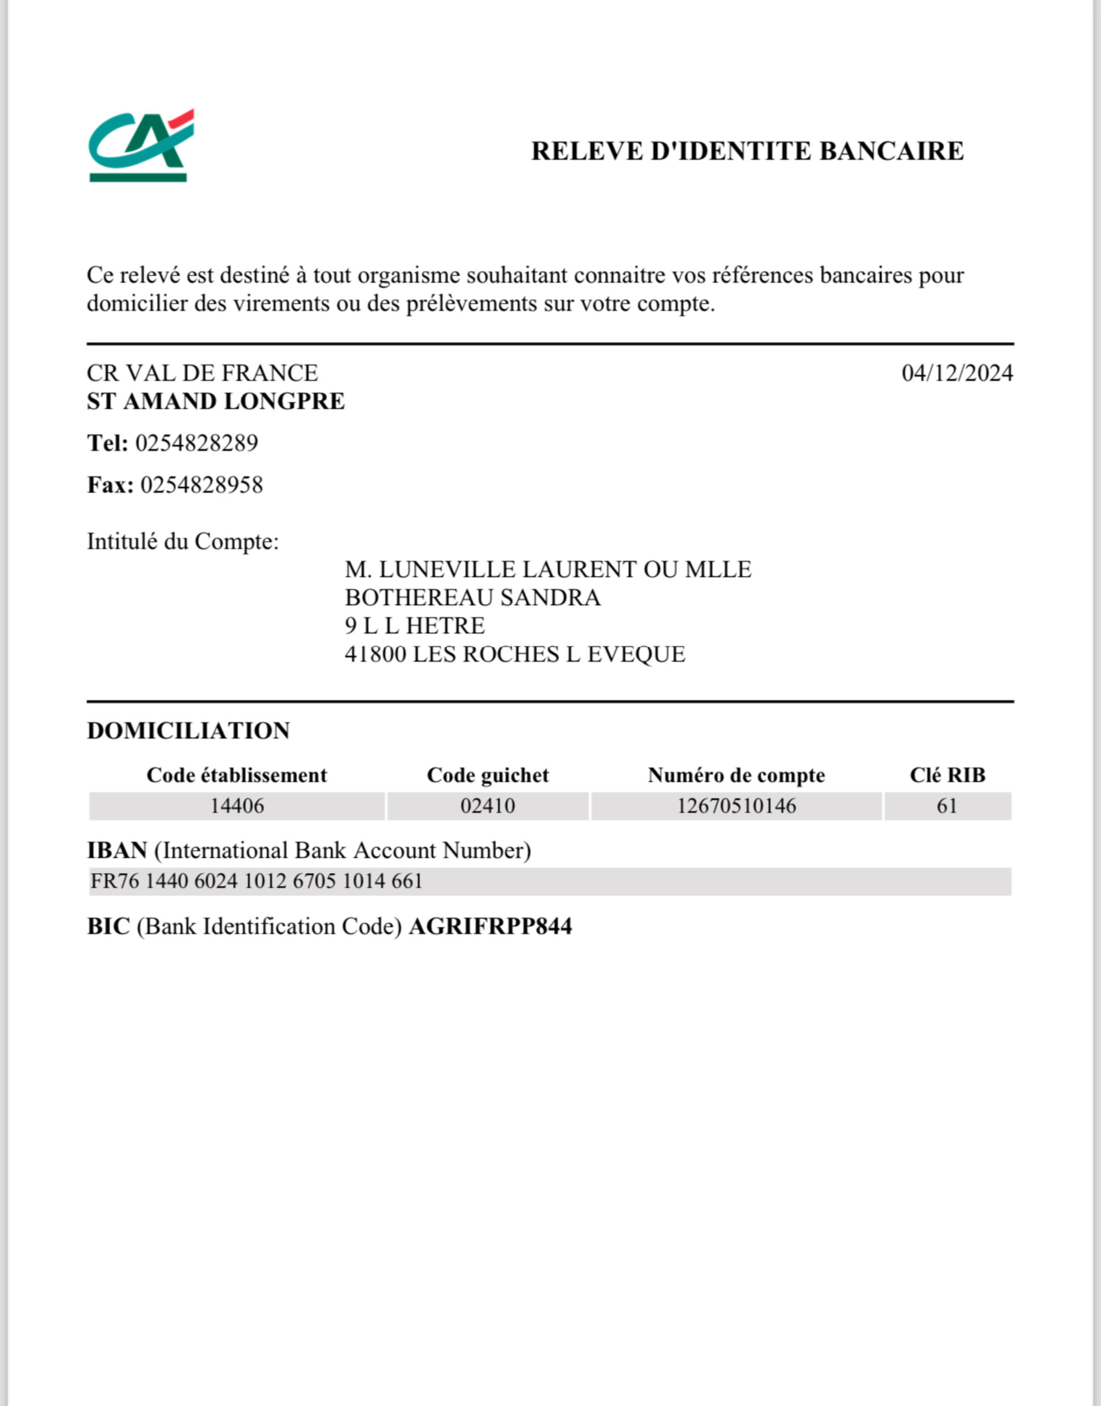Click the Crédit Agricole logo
tap(140, 146)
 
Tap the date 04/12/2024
tap(957, 373)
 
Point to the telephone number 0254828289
tap(197, 443)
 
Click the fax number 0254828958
tap(202, 485)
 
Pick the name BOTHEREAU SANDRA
tap(472, 598)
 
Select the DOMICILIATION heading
tap(188, 731)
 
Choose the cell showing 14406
tap(237, 806)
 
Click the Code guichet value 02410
tap(487, 806)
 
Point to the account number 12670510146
tap(736, 806)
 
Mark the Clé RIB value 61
tap(947, 806)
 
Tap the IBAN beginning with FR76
tap(257, 882)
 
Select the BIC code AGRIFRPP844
tap(490, 927)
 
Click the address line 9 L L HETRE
tap(415, 626)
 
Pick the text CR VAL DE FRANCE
tap(203, 373)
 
